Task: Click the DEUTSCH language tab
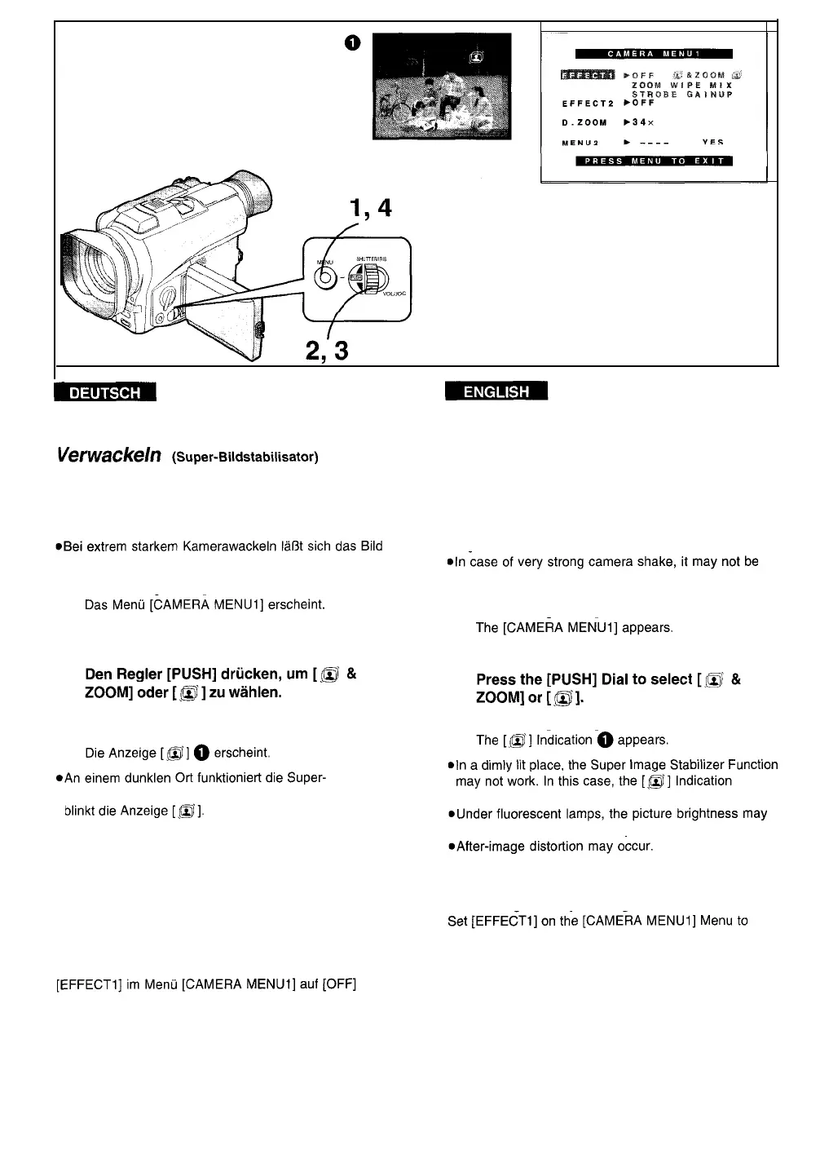pyautogui.click(x=104, y=392)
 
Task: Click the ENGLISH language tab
pyautogui.click(x=496, y=392)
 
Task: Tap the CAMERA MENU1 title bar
pyautogui.click(x=654, y=55)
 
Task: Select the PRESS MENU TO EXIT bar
pyautogui.click(x=654, y=161)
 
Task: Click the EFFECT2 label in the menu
pyautogui.click(x=587, y=104)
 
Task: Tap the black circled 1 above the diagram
pyautogui.click(x=351, y=44)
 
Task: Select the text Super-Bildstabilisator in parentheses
pyautogui.click(x=245, y=457)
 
